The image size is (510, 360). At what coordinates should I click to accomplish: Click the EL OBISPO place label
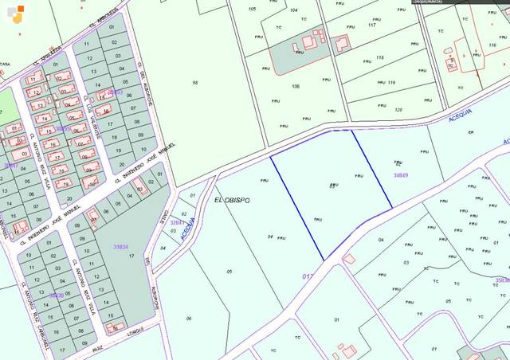click(233, 200)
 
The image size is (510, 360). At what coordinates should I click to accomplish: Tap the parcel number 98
click(194, 83)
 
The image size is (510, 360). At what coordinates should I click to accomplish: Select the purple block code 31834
click(121, 247)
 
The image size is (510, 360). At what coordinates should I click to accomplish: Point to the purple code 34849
click(400, 175)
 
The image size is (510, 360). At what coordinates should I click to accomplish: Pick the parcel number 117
click(371, 25)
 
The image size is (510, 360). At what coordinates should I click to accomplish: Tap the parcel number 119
click(390, 82)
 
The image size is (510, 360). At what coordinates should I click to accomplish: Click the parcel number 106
click(296, 86)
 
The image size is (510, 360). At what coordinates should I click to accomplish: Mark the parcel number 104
click(294, 10)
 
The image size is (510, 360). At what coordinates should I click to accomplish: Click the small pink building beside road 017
click(349, 259)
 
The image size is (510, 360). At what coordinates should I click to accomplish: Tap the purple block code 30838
click(56, 295)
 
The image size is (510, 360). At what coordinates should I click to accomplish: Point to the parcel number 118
click(379, 57)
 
